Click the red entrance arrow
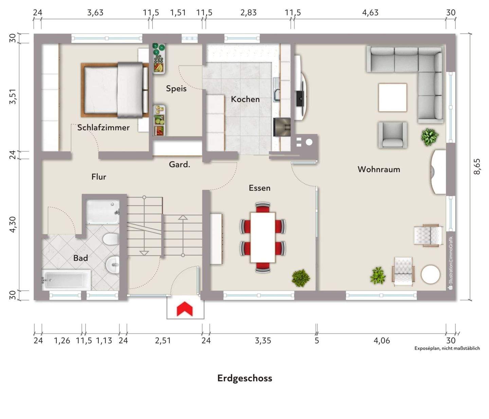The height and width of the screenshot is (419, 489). point(185,309)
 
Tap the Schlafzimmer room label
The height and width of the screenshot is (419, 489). point(103,127)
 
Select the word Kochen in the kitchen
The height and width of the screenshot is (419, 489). point(245,99)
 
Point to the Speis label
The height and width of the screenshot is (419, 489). point(176,89)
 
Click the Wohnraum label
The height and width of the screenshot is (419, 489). point(379,169)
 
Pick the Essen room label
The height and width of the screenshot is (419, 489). point(259,188)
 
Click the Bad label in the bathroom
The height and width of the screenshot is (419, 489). point(80,258)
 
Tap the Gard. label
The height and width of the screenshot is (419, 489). point(180,164)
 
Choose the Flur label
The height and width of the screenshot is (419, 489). point(99,177)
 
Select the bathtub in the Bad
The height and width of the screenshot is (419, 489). point(66,280)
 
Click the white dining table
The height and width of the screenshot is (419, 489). point(263,238)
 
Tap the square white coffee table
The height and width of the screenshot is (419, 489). point(393,97)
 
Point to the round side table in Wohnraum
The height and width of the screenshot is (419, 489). point(430,275)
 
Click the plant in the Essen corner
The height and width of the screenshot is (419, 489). point(301,278)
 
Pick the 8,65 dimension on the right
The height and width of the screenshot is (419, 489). point(477,167)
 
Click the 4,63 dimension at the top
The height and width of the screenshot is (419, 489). point(370,12)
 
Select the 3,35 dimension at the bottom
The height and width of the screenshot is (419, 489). point(263,341)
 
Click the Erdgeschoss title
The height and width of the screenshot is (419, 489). point(244,378)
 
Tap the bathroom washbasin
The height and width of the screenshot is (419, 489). point(113,265)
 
